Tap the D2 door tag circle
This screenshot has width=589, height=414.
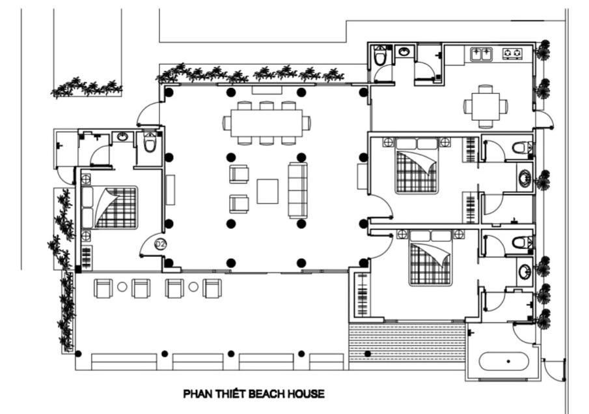pyautogui.click(x=160, y=244)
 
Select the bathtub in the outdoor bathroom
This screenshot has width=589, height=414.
pyautogui.click(x=504, y=362)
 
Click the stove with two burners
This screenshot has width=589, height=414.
pyautogui.click(x=512, y=53)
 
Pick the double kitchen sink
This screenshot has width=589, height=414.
pyautogui.click(x=482, y=54)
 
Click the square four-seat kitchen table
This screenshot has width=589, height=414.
pyautogui.click(x=486, y=106)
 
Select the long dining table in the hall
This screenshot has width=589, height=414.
pyautogui.click(x=266, y=123)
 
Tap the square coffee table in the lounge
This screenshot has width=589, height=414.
pyautogui.click(x=267, y=191)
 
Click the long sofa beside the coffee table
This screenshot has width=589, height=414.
pyautogui.click(x=297, y=190)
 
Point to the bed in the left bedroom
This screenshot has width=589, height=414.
pyautogui.click(x=109, y=207)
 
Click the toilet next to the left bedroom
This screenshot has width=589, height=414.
pyautogui.click(x=150, y=141)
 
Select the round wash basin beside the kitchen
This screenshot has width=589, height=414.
pyautogui.click(x=404, y=52)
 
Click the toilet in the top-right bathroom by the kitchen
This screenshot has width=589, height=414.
pyautogui.click(x=380, y=55)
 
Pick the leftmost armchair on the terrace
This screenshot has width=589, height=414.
pyautogui.click(x=103, y=289)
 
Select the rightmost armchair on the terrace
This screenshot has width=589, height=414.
pyautogui.click(x=212, y=289)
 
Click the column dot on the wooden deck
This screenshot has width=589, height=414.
pyautogui.click(x=368, y=354)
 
